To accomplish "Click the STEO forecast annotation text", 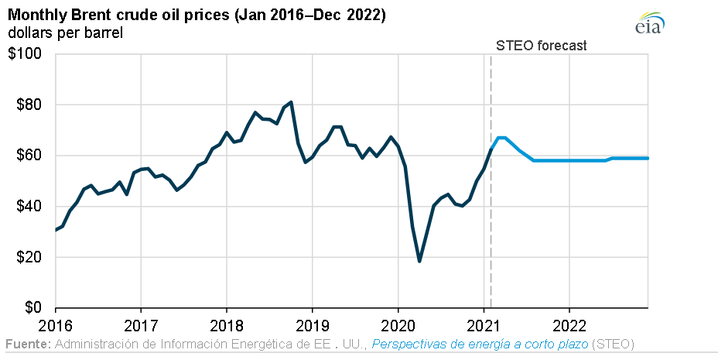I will click(541, 46).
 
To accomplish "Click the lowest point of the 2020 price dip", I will click(419, 261).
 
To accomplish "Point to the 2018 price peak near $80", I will click(290, 102).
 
